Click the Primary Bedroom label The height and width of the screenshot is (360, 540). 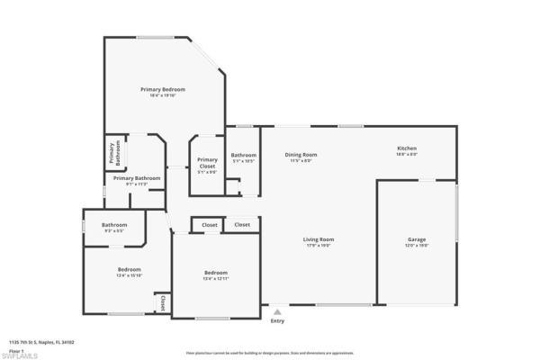(162, 89)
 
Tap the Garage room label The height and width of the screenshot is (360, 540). (417, 238)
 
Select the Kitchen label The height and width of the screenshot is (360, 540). (407, 148)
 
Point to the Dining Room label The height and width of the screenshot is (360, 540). (301, 155)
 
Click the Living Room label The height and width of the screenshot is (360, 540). (319, 238)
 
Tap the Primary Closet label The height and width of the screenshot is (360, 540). (207, 163)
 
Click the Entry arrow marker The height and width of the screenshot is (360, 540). (276, 311)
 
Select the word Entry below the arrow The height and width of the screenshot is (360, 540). (276, 320)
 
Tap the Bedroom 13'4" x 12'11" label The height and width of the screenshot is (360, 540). (215, 273)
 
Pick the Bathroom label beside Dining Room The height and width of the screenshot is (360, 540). (244, 155)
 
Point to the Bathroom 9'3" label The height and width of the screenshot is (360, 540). (114, 225)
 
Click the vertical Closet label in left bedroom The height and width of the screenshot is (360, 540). (162, 304)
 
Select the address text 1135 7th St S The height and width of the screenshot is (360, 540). (40, 342)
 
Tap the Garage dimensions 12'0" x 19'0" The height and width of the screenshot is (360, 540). (417, 245)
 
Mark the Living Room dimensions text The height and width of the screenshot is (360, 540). (319, 245)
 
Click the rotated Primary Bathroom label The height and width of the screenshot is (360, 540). (114, 155)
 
